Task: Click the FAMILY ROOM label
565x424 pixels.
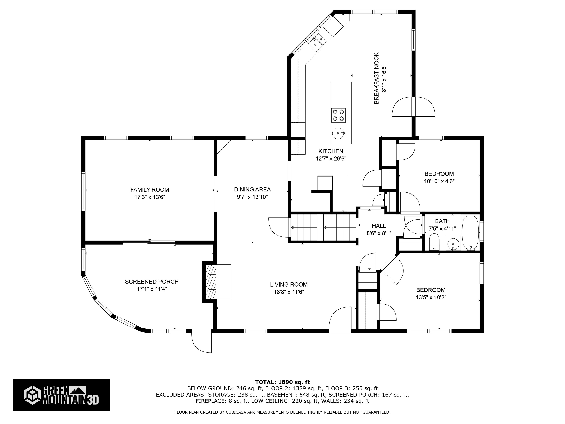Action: [x=150, y=190]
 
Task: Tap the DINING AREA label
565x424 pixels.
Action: [x=252, y=189]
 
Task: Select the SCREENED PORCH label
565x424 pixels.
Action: [x=152, y=282]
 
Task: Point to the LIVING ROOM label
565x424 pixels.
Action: [x=289, y=285]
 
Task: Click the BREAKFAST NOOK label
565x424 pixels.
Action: [x=376, y=78]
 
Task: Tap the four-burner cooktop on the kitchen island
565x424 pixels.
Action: [x=338, y=115]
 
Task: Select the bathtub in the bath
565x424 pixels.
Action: [x=470, y=233]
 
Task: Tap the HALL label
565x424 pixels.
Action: [x=379, y=226]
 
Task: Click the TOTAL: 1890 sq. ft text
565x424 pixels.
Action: [x=282, y=382]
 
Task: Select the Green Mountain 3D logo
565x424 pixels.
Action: [x=61, y=395]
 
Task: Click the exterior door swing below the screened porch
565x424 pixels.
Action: [x=202, y=342]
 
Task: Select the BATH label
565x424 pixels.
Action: [x=442, y=221]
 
